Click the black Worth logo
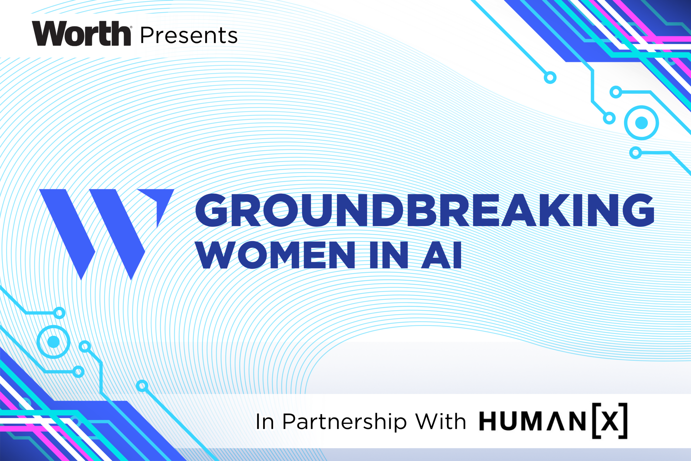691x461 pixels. coord(81,33)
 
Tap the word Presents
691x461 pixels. coord(189,36)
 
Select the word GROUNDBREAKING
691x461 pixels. coord(425,210)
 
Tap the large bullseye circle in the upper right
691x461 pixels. coord(641,123)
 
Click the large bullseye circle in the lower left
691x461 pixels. coord(53,342)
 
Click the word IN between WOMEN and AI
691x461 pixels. coord(389,255)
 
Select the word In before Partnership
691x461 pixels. coord(265,422)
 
